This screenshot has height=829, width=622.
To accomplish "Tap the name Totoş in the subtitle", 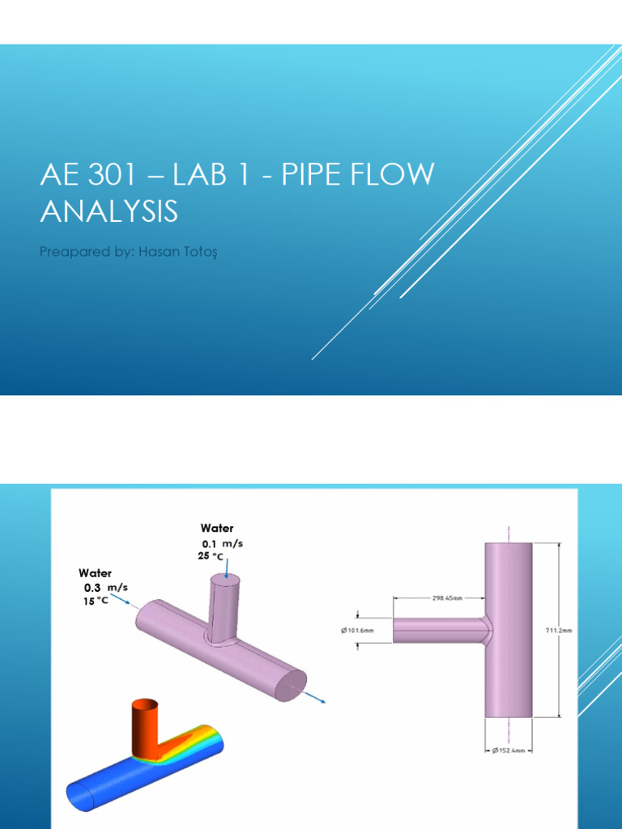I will [202, 252].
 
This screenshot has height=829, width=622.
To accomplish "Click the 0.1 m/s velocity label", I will [221, 544].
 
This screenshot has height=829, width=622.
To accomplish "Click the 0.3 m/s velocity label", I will [104, 587].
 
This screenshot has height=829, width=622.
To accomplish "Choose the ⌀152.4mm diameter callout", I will [509, 751].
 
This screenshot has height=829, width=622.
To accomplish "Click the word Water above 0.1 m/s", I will [216, 529].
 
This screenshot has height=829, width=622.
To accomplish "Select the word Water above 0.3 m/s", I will [96, 573].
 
